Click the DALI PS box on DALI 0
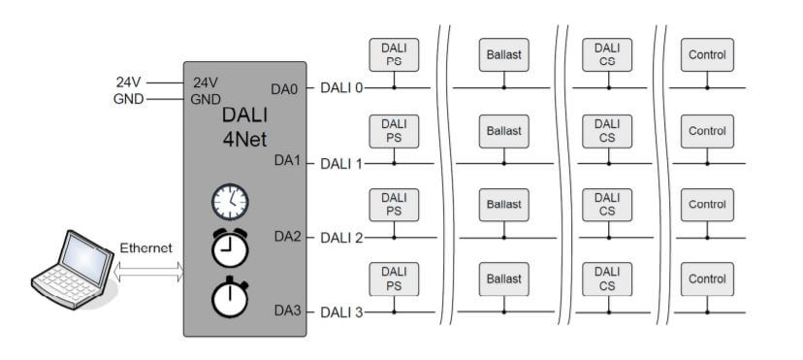click(x=394, y=54)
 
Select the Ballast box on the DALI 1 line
click(x=504, y=131)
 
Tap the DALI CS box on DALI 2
click(x=607, y=205)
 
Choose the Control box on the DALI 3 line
click(x=707, y=279)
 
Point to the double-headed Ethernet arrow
click(x=148, y=272)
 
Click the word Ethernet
click(x=145, y=248)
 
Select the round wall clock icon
click(x=230, y=202)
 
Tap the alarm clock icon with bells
click(x=230, y=247)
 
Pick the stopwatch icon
click(x=230, y=297)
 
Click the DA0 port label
click(x=284, y=89)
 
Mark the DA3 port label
click(x=288, y=311)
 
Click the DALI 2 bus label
click(x=341, y=238)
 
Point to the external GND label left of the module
click(x=129, y=99)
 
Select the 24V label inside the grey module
click(x=206, y=82)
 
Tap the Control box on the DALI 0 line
click(x=707, y=54)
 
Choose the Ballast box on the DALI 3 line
click(x=504, y=279)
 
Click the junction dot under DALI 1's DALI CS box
click(x=608, y=164)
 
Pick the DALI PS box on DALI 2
click(x=394, y=205)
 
